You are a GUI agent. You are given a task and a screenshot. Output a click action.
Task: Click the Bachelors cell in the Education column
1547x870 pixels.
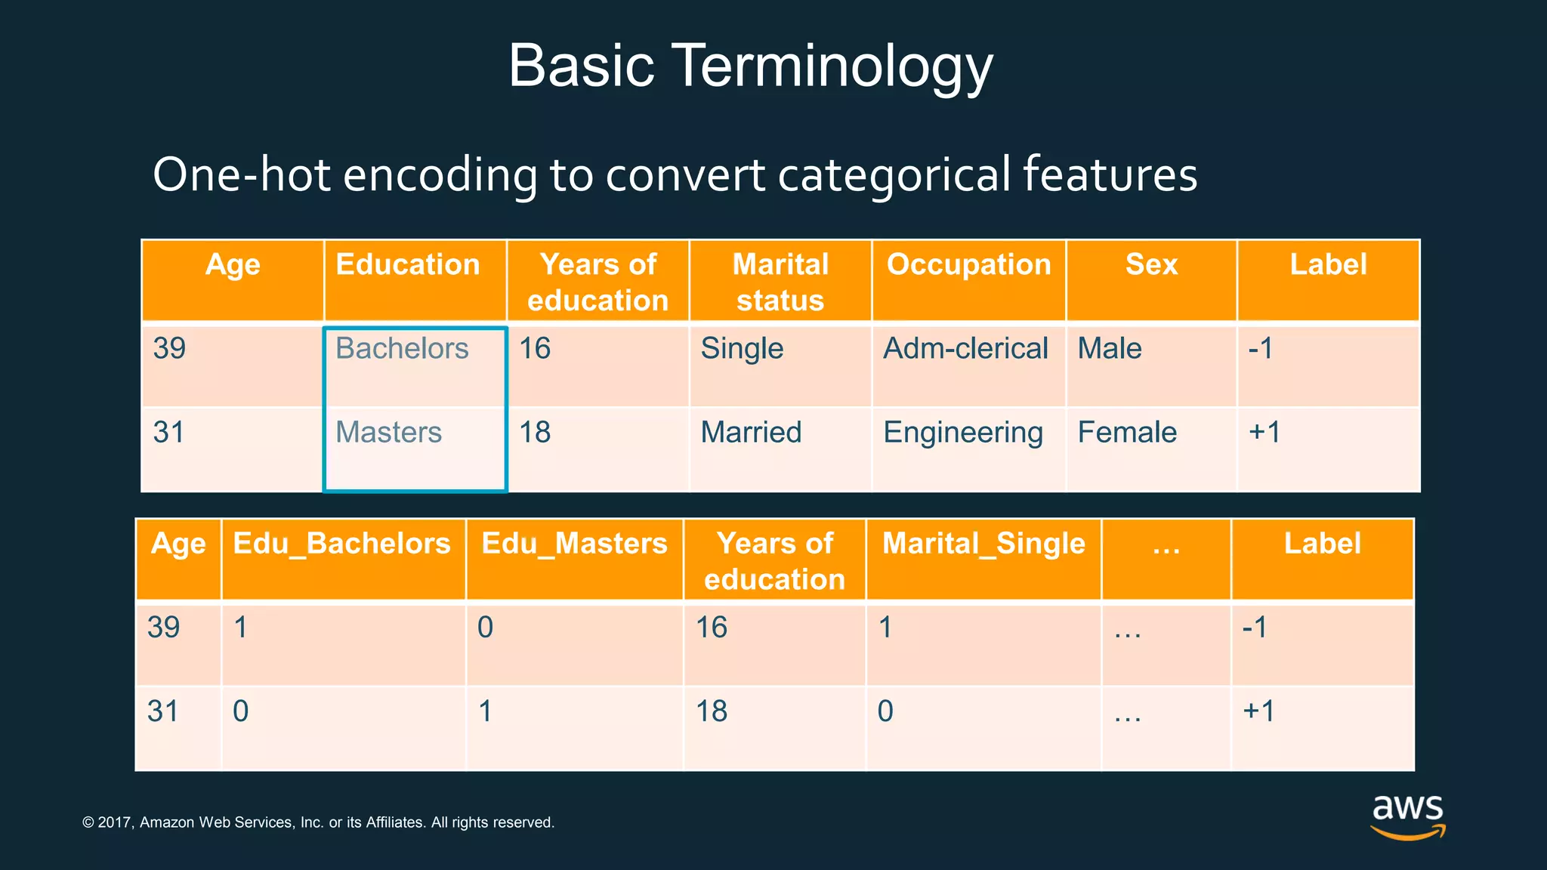[x=402, y=349]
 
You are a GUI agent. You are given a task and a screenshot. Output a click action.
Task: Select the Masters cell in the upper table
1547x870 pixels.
[x=388, y=433]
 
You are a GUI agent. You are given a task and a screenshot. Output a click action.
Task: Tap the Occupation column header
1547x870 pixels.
[x=968, y=265]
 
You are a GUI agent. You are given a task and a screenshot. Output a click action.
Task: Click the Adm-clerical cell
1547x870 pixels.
[x=965, y=349]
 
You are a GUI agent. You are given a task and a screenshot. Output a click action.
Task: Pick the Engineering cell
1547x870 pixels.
[x=963, y=433]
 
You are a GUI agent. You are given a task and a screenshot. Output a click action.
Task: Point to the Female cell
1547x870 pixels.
[x=1127, y=433]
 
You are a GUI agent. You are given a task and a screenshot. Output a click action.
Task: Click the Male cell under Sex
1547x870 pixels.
[x=1109, y=349]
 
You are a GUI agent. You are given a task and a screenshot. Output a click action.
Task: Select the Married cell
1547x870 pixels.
[x=751, y=433]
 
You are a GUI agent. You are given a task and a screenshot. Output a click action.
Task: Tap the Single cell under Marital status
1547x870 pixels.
[x=742, y=349]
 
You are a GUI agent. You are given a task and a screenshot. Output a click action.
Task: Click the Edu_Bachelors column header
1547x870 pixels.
[x=342, y=544]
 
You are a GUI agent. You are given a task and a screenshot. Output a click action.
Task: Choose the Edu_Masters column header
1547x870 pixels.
[x=574, y=544]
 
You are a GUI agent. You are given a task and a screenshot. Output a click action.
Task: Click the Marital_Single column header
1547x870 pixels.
[x=983, y=544]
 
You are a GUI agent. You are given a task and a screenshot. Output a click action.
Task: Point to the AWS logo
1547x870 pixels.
[x=1408, y=816]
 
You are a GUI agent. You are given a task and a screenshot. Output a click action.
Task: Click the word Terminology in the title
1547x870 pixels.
[x=831, y=66]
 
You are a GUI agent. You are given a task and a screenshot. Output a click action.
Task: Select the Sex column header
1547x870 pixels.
[x=1151, y=265]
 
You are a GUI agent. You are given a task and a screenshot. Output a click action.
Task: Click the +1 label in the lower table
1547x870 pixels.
[x=1258, y=711]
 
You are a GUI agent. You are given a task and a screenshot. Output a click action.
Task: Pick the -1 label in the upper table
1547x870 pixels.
[x=1261, y=349]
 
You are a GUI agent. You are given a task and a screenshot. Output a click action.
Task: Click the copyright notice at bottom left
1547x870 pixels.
[x=318, y=822]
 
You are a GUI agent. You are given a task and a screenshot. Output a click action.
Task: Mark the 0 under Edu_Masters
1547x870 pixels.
[x=485, y=628]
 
